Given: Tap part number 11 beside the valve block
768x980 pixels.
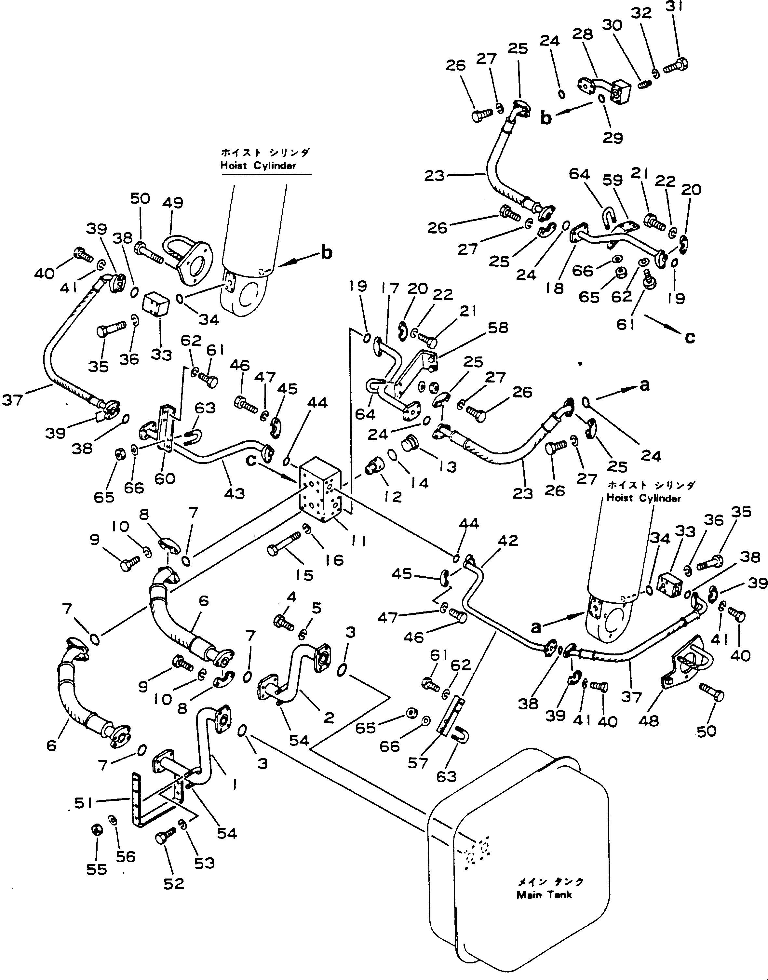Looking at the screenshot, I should pyautogui.click(x=358, y=541).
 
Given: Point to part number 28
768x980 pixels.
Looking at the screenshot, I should pyautogui.click(x=583, y=34).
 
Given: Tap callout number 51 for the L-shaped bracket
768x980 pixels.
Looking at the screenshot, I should pyautogui.click(x=84, y=802).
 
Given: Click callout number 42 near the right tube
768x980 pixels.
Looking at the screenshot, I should pyautogui.click(x=508, y=541).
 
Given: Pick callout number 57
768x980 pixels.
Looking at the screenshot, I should pyautogui.click(x=418, y=762).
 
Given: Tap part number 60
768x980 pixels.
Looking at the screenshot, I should pyautogui.click(x=165, y=479).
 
